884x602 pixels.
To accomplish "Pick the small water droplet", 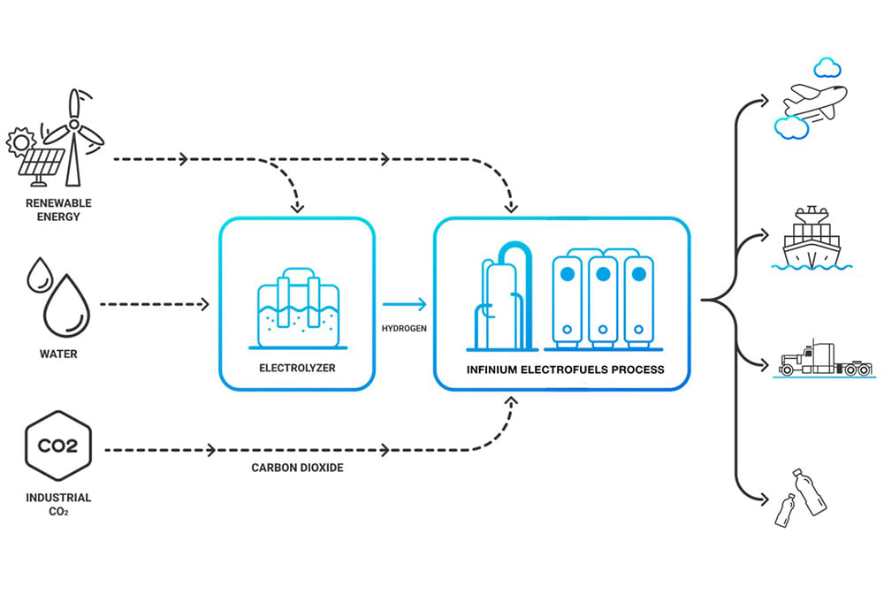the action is (40, 275).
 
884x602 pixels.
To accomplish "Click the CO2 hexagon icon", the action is (58, 446).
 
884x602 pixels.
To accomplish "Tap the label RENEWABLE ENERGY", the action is (58, 210).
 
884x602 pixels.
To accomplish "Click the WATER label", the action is (58, 354).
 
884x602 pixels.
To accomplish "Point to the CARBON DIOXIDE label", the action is (297, 468).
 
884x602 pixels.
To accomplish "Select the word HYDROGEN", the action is (404, 328).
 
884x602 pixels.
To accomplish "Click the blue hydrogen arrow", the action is (404, 304).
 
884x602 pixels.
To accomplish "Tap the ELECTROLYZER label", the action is (297, 368).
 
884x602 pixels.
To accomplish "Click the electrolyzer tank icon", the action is (298, 309).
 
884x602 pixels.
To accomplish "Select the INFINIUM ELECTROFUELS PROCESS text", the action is (565, 370).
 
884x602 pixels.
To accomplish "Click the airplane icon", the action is (815, 102).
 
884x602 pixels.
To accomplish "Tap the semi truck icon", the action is (826, 359).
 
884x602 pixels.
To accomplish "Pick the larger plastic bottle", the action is (809, 492).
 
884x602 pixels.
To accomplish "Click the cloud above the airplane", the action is (827, 67).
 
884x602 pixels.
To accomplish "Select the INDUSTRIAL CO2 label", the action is (58, 505).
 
